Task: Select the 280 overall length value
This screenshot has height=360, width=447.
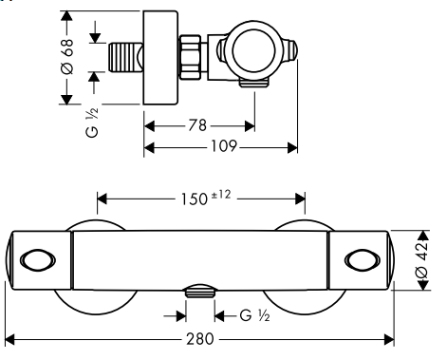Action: pos(199,338)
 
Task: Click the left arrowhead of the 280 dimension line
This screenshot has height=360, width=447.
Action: pos(9,338)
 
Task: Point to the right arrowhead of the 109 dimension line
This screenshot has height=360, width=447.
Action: pos(294,147)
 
